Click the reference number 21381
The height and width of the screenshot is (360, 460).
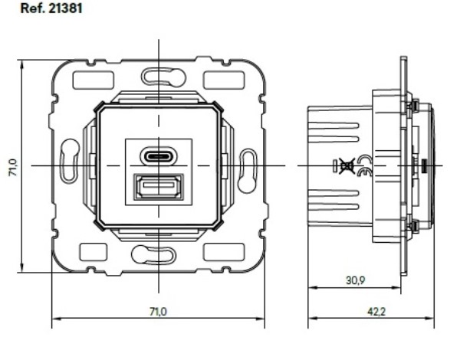pos(65,8)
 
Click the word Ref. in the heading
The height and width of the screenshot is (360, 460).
pos(32,8)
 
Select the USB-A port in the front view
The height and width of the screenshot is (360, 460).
pos(159,187)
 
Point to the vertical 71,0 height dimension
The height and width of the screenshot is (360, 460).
pos(14,168)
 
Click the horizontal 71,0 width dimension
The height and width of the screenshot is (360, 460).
pos(158,312)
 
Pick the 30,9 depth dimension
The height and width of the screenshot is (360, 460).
pos(355,280)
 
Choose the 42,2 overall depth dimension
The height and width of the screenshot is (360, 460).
pos(376,312)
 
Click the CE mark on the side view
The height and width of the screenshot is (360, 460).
pos(365,165)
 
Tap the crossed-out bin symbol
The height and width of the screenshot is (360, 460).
pos(347,165)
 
